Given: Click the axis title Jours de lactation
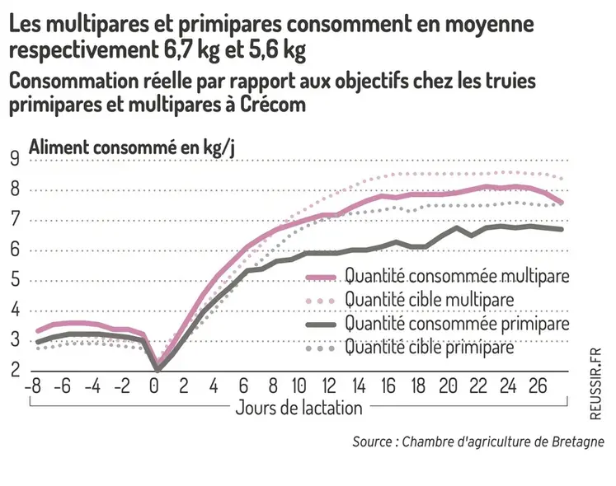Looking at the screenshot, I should [x=299, y=408].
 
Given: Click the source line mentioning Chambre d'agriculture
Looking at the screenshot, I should [x=478, y=442].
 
